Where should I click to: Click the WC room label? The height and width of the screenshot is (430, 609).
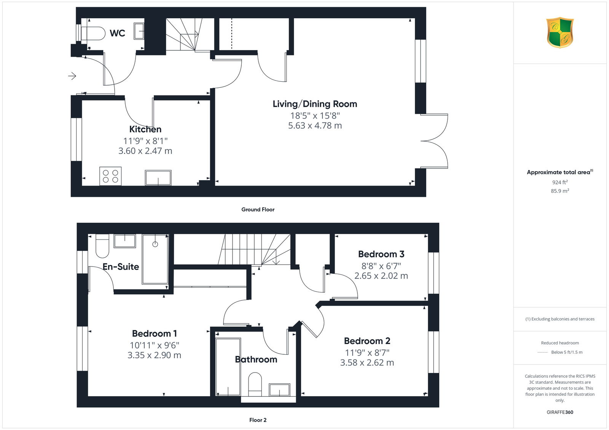[118, 33]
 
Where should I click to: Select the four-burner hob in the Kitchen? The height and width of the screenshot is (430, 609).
[110, 176]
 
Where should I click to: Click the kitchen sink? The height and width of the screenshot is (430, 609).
[158, 178]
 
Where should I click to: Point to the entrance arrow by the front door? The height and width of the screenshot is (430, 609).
[72, 76]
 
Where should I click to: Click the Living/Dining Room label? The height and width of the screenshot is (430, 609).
[315, 104]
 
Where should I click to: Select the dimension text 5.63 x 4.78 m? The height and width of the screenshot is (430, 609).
[315, 125]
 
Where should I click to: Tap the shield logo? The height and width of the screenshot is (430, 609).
[560, 33]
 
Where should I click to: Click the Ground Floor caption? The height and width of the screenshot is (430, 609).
[258, 209]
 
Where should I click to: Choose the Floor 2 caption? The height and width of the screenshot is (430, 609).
[258, 420]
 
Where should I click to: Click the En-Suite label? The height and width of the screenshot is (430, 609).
[121, 267]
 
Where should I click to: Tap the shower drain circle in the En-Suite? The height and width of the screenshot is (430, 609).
[155, 244]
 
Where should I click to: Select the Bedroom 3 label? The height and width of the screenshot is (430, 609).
[381, 254]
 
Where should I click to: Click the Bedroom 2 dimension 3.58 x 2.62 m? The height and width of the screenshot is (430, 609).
[367, 363]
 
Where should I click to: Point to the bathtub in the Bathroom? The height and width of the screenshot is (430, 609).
[228, 367]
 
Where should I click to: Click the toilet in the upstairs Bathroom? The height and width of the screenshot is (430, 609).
[255, 384]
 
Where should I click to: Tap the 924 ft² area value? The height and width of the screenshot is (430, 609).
[560, 182]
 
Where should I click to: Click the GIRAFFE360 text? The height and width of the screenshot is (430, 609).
[560, 412]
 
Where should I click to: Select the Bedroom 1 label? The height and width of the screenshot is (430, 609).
[155, 333]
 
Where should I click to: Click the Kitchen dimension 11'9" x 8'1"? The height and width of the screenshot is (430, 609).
[145, 141]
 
